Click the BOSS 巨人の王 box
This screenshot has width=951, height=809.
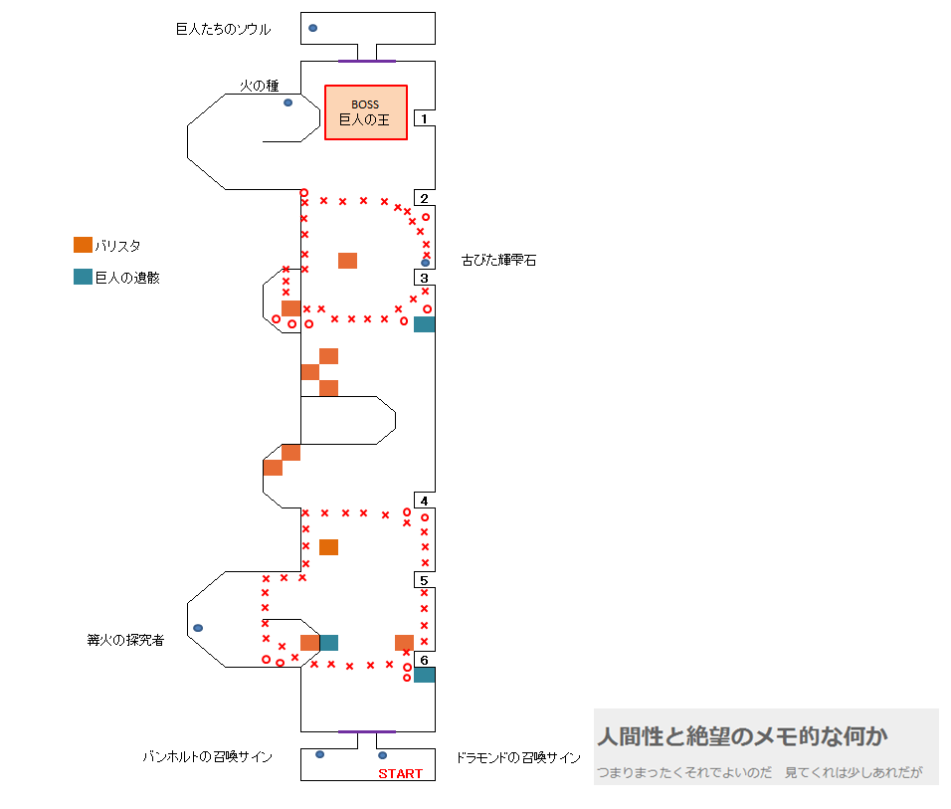365,112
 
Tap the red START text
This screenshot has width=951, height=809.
400,773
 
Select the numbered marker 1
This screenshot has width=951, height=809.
424,118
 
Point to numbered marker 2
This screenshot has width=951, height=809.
424,198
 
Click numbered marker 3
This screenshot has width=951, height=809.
424,278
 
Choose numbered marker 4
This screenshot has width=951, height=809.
424,501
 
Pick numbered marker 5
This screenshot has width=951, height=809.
424,580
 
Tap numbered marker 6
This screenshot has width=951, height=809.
424,660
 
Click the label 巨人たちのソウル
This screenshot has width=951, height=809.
223,30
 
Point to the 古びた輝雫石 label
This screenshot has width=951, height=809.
498,261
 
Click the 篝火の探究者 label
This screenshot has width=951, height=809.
125,640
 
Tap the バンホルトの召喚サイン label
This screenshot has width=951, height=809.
207,757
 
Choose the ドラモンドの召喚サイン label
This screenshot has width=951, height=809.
518,757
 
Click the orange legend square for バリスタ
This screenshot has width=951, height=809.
83,245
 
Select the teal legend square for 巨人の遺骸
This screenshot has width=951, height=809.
83,277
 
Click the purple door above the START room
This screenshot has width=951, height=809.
366,732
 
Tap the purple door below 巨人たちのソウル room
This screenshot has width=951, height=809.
366,61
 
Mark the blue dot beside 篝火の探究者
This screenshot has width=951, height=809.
198,628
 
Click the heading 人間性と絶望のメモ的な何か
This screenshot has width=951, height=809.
742,736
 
